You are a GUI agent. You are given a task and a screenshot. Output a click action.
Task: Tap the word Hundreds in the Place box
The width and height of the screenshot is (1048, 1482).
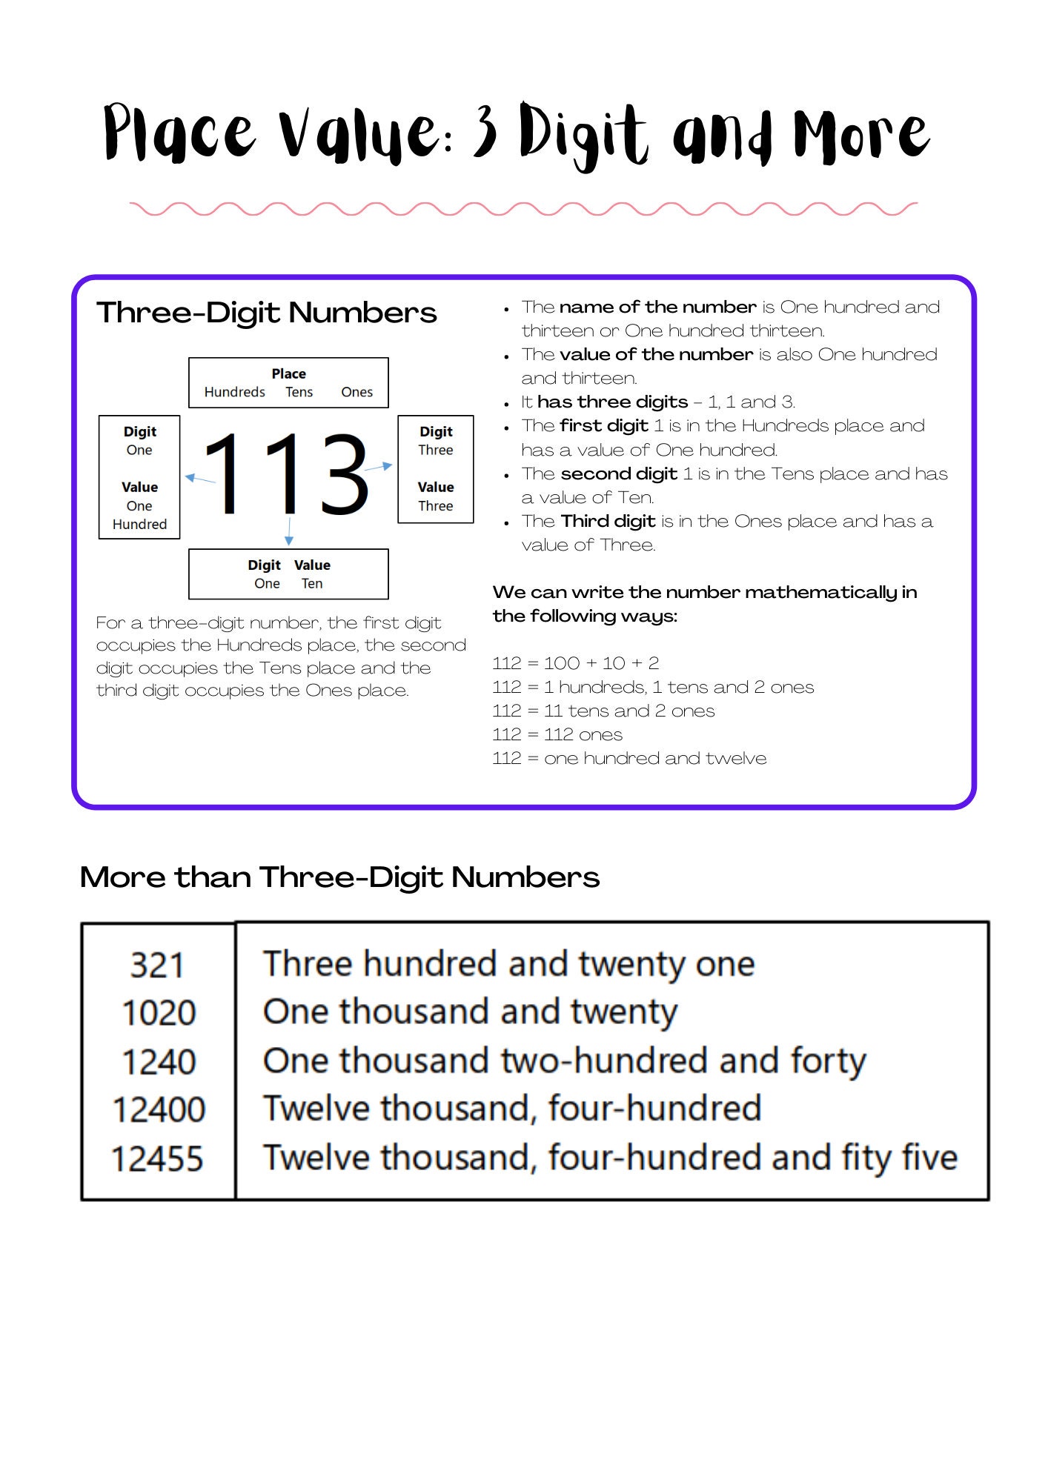pyautogui.click(x=234, y=392)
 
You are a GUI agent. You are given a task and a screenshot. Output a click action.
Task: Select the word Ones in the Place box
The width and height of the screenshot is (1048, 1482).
pyautogui.click(x=356, y=392)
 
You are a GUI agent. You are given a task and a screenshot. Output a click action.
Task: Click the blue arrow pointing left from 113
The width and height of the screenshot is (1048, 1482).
pyautogui.click(x=199, y=479)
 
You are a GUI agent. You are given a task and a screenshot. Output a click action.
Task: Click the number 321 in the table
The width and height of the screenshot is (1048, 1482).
pyautogui.click(x=156, y=965)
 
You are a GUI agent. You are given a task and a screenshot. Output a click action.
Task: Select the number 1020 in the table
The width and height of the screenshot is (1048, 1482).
pyautogui.click(x=159, y=1013)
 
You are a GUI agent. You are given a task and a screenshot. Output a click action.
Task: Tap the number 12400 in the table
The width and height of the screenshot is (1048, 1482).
pyautogui.click(x=159, y=1110)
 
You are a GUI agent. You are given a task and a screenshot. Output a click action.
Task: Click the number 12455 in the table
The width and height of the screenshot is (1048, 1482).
pyautogui.click(x=157, y=1159)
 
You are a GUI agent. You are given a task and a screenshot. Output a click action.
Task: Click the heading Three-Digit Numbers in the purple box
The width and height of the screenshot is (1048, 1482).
pyautogui.click(x=267, y=313)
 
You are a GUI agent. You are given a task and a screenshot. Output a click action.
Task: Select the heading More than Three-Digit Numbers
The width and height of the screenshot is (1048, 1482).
pyautogui.click(x=339, y=877)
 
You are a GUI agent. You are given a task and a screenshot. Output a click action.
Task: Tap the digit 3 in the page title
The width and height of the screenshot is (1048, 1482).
pyautogui.click(x=485, y=132)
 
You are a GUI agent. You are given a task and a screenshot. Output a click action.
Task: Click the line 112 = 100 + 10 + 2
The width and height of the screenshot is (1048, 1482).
pyautogui.click(x=575, y=663)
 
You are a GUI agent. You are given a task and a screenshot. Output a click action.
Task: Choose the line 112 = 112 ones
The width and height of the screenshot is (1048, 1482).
pyautogui.click(x=557, y=734)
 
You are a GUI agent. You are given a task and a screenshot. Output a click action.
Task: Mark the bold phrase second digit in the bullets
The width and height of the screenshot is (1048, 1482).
pyautogui.click(x=619, y=473)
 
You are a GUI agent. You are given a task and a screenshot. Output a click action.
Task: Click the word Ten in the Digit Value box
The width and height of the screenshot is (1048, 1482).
pyautogui.click(x=312, y=584)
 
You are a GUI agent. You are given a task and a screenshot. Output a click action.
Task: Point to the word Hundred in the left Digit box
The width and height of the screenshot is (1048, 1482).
pyautogui.click(x=139, y=525)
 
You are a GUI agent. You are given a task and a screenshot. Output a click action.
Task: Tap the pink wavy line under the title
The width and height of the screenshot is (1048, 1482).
pyautogui.click(x=523, y=209)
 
